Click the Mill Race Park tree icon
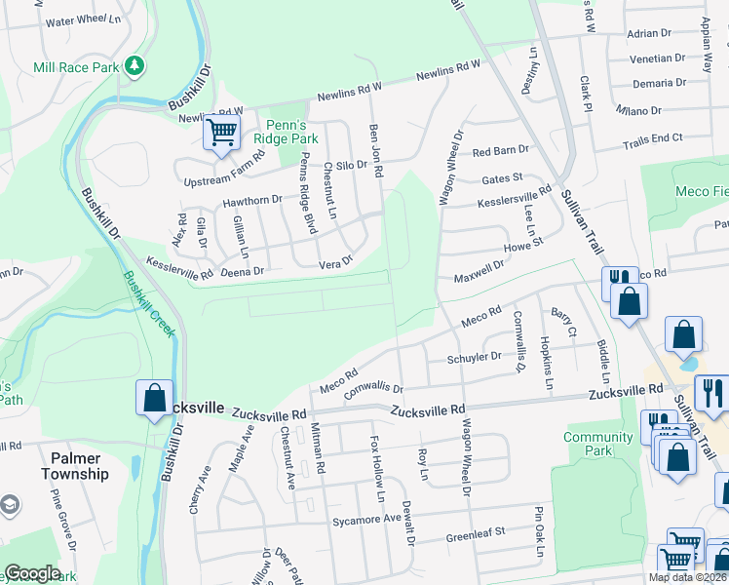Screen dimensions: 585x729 [x=134, y=66]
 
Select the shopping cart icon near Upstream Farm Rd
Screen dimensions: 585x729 [x=222, y=132]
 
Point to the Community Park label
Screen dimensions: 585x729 [x=598, y=444]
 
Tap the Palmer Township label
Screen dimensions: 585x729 [x=75, y=466]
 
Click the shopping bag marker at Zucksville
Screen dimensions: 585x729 [x=154, y=398]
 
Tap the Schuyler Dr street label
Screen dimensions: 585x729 [x=474, y=358]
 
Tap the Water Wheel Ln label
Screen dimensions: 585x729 [x=82, y=20]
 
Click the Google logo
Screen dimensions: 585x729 [x=32, y=573]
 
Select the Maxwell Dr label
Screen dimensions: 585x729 [x=480, y=270]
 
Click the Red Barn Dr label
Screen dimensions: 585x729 [x=500, y=151]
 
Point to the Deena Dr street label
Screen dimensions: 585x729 [x=245, y=271]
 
